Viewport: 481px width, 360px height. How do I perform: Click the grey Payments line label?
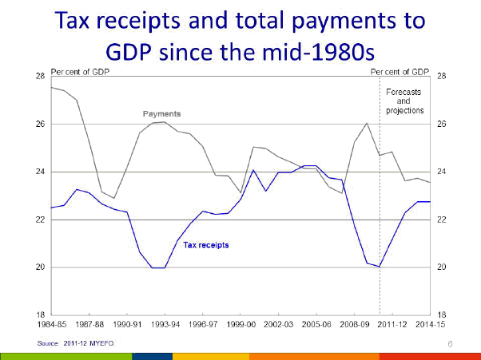tap(161, 113)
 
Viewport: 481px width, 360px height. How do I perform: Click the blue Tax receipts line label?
tap(206, 245)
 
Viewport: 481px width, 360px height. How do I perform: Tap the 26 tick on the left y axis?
tap(40, 125)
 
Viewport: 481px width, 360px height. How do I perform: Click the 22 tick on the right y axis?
tap(442, 220)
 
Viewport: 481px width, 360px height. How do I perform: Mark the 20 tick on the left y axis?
tap(40, 267)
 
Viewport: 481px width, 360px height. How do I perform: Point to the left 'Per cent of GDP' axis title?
tap(79, 72)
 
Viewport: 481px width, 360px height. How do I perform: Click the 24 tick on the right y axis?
tap(442, 172)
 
